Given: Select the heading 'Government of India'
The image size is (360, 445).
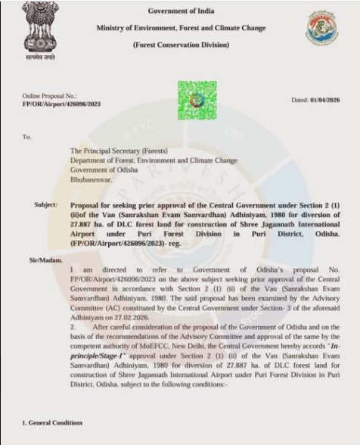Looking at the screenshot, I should (x=181, y=11).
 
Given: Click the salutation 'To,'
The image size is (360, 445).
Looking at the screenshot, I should (x=28, y=137).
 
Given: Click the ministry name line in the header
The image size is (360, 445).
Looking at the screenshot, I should (x=181, y=28).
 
